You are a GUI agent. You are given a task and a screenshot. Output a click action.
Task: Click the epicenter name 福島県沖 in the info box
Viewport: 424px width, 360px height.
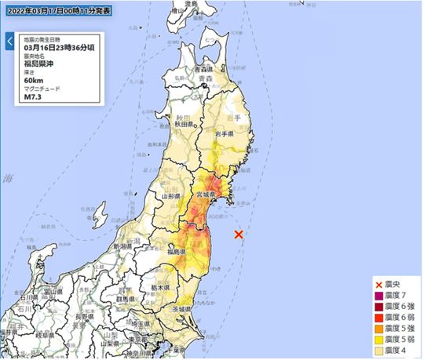(40, 64)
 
